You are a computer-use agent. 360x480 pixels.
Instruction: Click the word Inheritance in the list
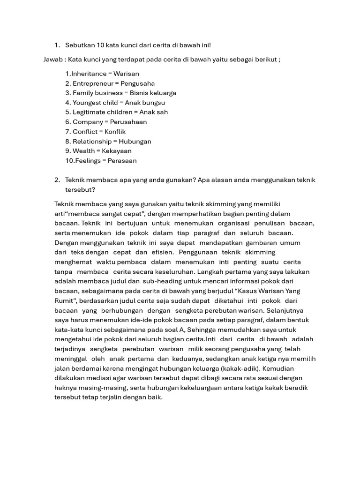point(89,74)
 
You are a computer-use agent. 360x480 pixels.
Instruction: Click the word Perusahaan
point(128,122)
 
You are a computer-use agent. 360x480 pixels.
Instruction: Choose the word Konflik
point(115,132)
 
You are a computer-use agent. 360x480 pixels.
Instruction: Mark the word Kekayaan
point(116,151)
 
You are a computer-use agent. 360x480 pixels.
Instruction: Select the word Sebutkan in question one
point(80,45)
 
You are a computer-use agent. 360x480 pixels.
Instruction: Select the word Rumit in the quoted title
point(65,300)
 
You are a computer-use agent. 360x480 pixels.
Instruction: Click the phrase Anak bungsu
point(145,103)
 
